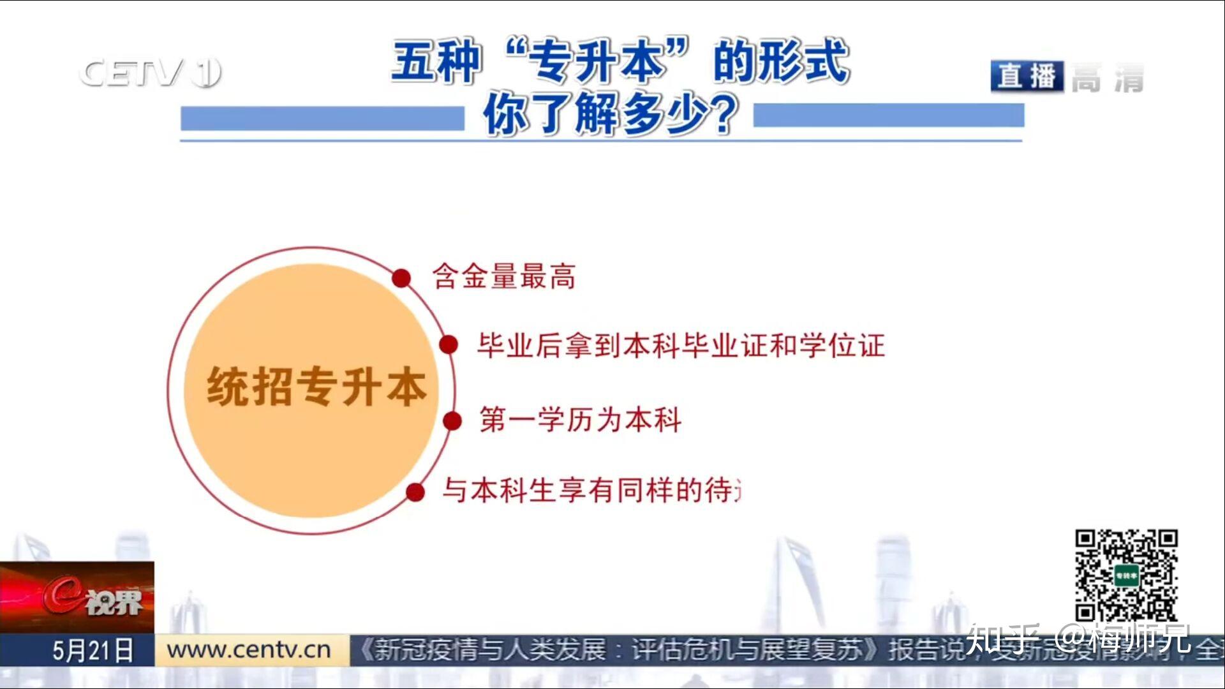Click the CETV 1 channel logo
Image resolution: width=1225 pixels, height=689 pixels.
150,72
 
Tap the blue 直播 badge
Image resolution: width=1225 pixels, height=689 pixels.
1027,77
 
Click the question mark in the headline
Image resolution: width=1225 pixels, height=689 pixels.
724,115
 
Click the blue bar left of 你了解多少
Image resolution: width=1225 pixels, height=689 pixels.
322,119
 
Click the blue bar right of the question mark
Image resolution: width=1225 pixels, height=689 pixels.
888,115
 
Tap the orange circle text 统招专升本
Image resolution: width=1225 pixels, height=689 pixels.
316,387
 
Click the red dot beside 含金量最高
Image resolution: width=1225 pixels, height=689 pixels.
401,278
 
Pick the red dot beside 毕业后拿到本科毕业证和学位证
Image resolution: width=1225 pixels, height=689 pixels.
449,344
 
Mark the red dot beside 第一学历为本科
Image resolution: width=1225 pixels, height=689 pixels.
452,421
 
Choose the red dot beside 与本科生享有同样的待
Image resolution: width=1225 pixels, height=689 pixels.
415,492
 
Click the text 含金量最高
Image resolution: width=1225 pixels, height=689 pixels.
504,277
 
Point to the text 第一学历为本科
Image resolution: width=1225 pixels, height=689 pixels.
581,420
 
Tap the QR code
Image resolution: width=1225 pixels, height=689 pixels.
1126,575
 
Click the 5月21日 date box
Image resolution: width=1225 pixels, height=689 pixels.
93,651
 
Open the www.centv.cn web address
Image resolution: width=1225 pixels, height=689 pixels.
249,650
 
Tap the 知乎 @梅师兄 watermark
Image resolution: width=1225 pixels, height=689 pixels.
1078,638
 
